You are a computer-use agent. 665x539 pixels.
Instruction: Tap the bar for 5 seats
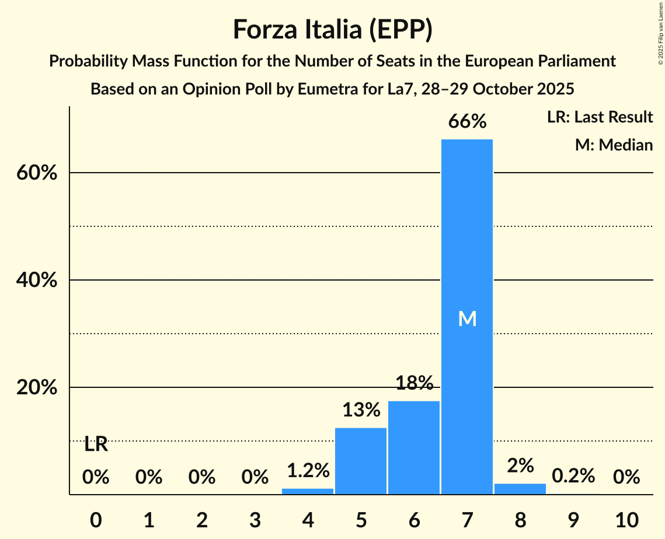(x=361, y=461)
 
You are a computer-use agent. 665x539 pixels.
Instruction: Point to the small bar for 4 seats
(x=308, y=491)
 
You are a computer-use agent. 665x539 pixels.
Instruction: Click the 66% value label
(x=467, y=122)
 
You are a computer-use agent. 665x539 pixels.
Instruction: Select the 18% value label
(x=414, y=383)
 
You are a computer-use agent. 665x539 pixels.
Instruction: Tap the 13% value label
(x=361, y=410)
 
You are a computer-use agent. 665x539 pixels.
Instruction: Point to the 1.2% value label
(x=308, y=470)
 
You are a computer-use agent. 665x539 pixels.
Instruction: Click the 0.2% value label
(x=573, y=476)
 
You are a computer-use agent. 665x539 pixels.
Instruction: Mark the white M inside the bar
(x=467, y=318)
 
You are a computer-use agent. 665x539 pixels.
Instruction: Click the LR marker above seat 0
(x=96, y=444)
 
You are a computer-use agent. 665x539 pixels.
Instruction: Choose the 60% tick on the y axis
(x=36, y=173)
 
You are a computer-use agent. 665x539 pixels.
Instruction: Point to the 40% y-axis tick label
(x=36, y=281)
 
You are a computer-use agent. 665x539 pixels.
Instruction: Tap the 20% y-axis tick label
(x=36, y=388)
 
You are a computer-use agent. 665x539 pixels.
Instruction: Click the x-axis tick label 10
(x=626, y=519)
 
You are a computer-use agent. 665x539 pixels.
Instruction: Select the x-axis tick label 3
(x=255, y=519)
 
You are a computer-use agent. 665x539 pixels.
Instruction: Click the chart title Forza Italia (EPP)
(x=332, y=30)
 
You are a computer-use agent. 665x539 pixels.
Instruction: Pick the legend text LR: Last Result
(x=600, y=117)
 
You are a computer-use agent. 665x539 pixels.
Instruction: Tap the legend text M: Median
(x=614, y=145)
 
